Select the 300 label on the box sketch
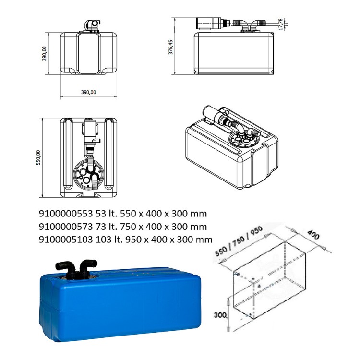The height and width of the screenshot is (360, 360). click(221, 314)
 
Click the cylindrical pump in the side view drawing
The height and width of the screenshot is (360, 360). click(209, 22)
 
